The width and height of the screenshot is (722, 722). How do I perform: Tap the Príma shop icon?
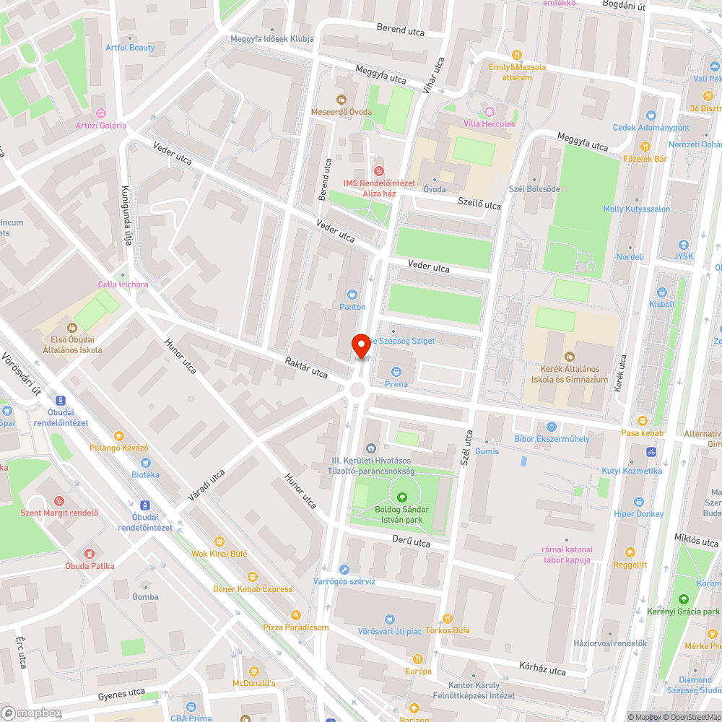click(x=396, y=371)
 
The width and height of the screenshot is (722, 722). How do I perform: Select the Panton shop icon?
click(x=352, y=294)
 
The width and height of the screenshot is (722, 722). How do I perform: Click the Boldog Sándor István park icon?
click(x=401, y=497)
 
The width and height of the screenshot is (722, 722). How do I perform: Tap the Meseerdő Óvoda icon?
click(x=342, y=99)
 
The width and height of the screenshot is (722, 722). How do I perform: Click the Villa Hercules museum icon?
click(x=490, y=111)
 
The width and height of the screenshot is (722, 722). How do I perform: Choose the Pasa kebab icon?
click(x=642, y=420)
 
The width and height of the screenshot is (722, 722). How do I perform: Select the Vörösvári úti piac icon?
click(x=390, y=619)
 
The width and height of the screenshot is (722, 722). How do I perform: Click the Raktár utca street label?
click(x=306, y=367)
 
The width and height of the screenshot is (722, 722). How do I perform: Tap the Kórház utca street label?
click(x=542, y=668)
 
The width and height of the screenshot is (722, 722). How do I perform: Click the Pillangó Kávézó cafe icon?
click(x=119, y=435)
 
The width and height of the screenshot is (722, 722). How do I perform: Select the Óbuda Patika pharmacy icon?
click(x=90, y=553)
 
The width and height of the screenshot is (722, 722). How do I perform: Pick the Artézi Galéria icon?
click(x=100, y=113)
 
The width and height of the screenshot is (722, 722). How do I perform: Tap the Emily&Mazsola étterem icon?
click(x=516, y=55)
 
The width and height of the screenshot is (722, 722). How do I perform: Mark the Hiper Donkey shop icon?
click(x=638, y=502)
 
